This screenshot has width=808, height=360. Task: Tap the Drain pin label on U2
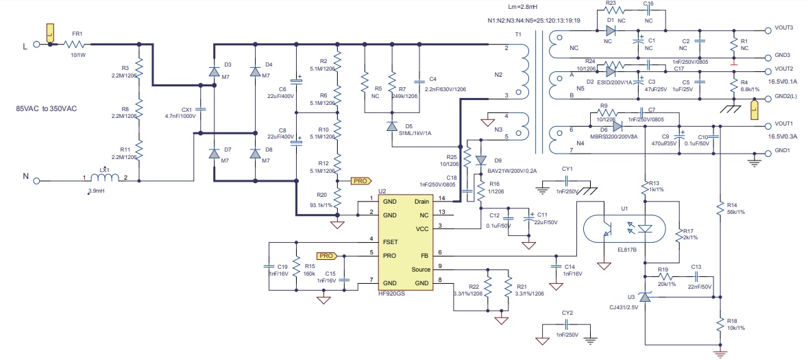click(x=421, y=202)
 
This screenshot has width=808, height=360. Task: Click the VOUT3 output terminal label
click(x=784, y=28)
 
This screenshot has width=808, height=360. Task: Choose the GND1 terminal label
click(x=783, y=151)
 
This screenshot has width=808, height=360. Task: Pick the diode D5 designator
click(x=408, y=126)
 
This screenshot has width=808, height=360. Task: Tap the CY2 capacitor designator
click(x=567, y=313)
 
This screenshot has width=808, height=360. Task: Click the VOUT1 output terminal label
click(x=784, y=124)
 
